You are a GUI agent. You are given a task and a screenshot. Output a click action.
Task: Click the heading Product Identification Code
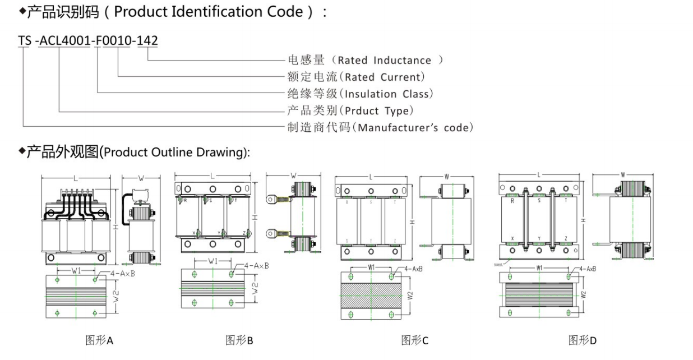pos(174,12)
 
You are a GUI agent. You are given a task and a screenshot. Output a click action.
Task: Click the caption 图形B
pos(239,340)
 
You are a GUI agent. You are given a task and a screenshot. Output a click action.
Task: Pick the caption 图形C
pos(415,340)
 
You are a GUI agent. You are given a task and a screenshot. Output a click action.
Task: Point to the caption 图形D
pos(583,340)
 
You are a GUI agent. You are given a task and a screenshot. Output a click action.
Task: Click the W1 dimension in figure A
pos(77,270)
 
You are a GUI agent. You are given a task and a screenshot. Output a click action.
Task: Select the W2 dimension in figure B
pos(256,289)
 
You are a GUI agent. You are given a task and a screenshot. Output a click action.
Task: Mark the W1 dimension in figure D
pos(539,268)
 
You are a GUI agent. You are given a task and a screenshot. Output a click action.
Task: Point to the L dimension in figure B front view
pos(212,176)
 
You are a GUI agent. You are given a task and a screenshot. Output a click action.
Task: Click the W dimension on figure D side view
pos(623,174)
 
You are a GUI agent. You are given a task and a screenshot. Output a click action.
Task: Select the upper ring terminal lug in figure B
pos(273,197)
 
